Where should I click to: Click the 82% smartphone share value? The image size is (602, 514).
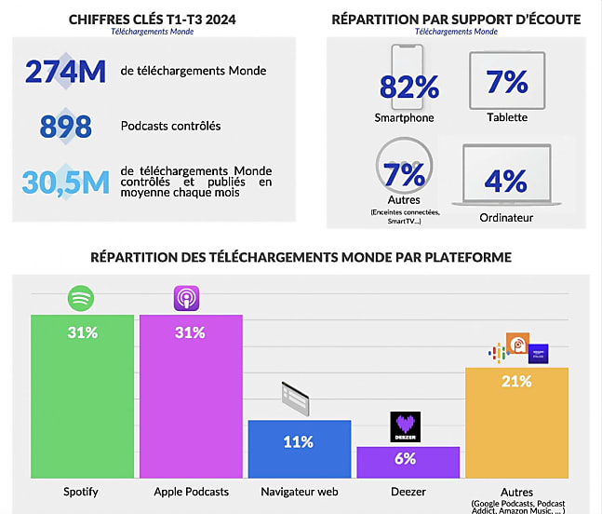[408, 87]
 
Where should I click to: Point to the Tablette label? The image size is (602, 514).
[506, 117]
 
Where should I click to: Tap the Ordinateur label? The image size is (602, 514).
[506, 219]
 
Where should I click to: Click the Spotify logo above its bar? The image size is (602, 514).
[81, 300]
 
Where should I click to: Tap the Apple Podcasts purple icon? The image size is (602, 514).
[187, 300]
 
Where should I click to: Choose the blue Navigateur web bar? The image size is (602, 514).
[299, 449]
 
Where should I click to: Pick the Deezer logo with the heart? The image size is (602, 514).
[406, 427]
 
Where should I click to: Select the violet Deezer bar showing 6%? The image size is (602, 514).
[408, 462]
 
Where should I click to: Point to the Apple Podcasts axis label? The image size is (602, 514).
[191, 491]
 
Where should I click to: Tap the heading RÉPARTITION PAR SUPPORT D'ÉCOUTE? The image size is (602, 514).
[456, 19]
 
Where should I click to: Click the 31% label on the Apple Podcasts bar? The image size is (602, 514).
[190, 332]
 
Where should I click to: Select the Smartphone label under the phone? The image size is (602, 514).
[404, 118]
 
